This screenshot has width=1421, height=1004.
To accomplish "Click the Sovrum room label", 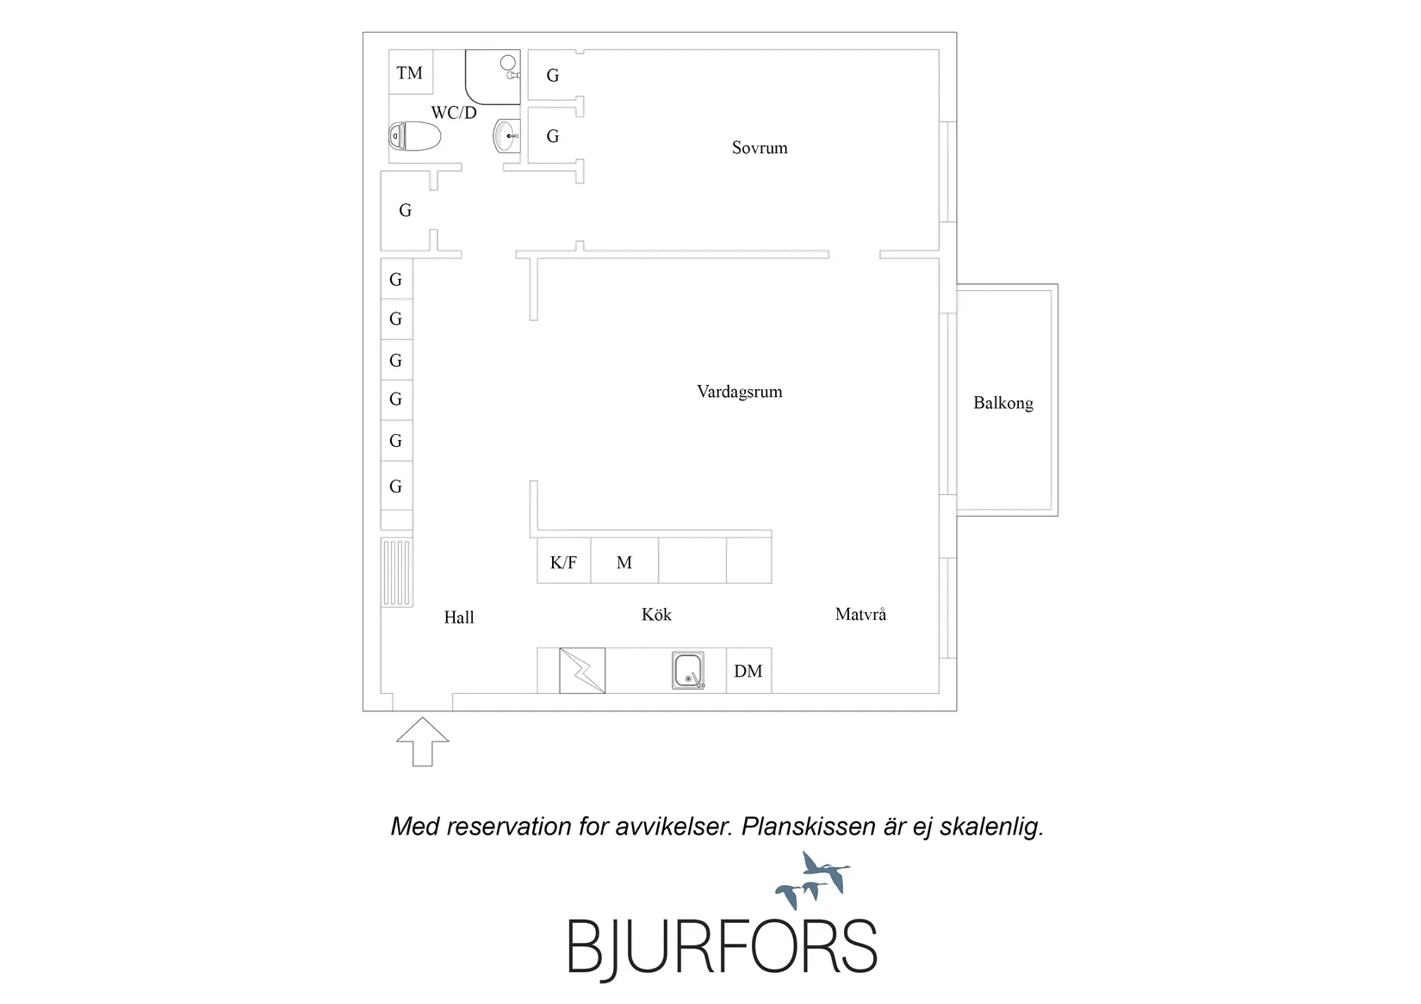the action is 760,148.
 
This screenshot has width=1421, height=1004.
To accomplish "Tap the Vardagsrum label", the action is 739,392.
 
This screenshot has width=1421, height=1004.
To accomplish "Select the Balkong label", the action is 1003,403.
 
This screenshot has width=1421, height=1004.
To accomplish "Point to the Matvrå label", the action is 860,614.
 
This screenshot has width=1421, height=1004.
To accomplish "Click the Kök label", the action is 656,614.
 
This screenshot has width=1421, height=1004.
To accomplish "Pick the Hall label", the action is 459,617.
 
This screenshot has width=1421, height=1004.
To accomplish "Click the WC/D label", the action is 454,113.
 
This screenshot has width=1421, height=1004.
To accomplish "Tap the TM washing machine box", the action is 411,71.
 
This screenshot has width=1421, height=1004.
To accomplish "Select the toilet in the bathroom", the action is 414,136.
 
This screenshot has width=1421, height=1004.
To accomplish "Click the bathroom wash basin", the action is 506,136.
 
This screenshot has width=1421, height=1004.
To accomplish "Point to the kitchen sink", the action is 687,671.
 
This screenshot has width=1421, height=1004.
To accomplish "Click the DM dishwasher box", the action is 748,671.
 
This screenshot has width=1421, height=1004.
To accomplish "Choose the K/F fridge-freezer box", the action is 564,561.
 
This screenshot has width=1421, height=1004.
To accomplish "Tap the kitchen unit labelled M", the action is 625,561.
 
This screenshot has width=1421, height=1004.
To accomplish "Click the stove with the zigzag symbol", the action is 582,671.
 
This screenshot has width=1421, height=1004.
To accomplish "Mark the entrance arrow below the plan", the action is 423,742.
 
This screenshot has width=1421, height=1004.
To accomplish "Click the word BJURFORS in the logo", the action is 722,946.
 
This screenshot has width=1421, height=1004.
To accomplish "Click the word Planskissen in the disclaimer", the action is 805,827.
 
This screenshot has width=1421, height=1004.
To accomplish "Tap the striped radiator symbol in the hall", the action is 396,573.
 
